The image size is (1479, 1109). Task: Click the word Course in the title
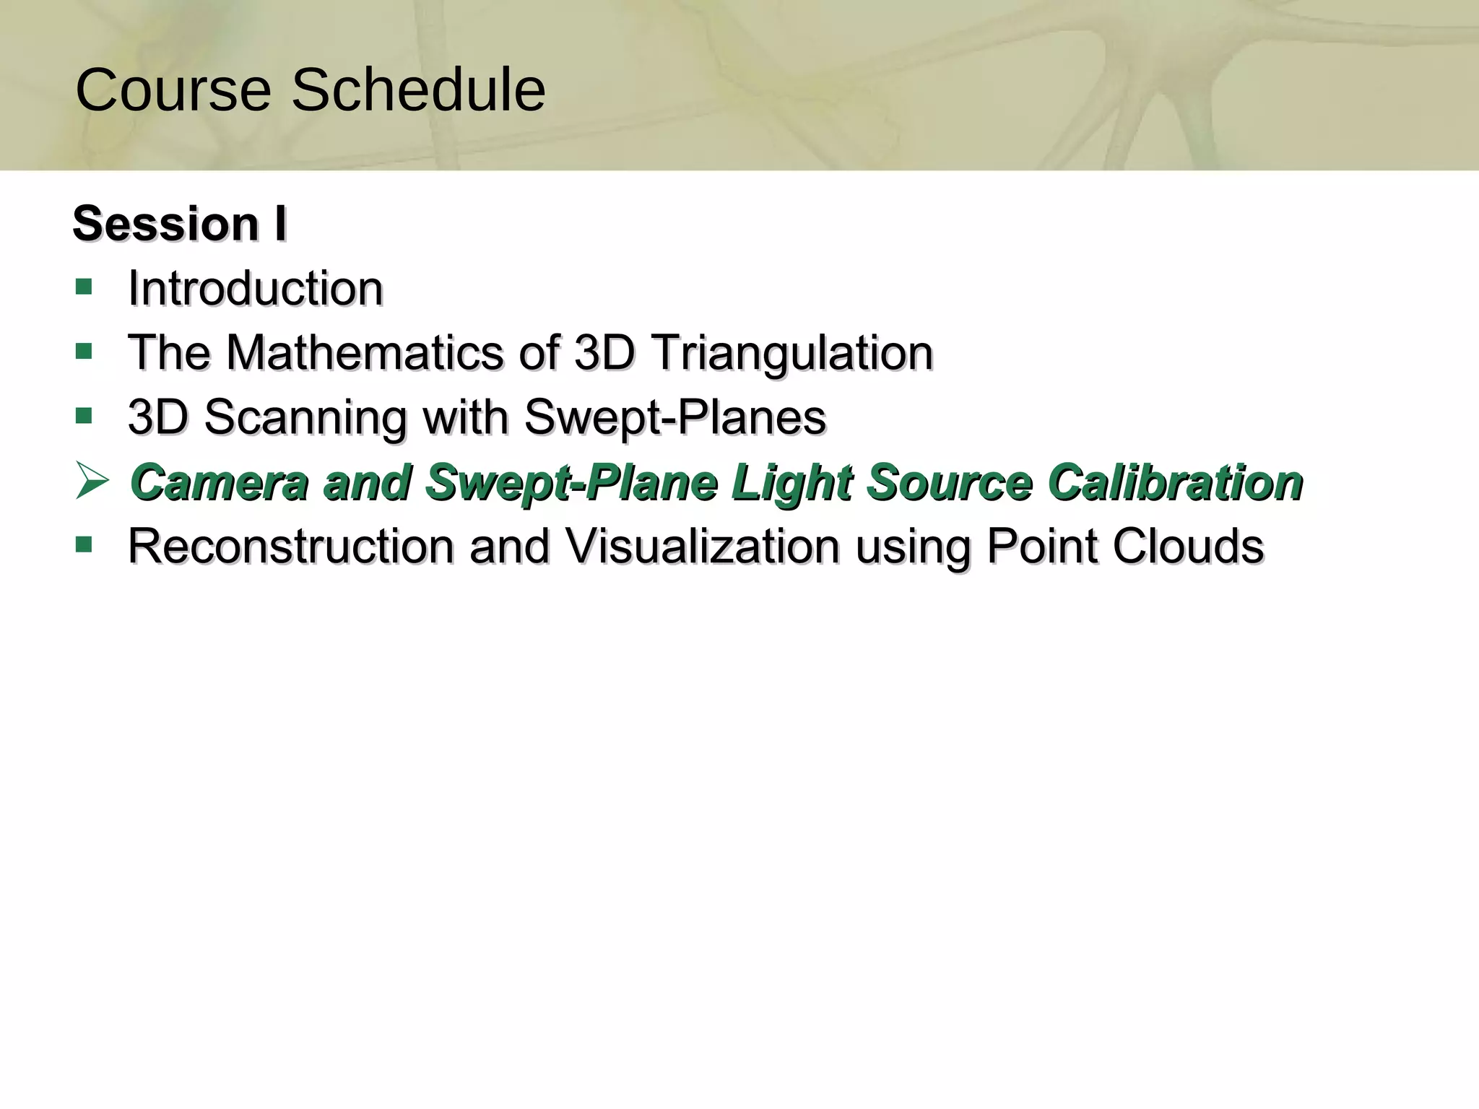pos(173,90)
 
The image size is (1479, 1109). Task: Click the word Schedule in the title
pos(418,90)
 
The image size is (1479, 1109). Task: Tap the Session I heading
pos(180,223)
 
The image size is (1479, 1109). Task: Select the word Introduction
pos(255,288)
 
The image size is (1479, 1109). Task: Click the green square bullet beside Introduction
pos(84,287)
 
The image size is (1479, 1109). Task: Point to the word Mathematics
pos(365,353)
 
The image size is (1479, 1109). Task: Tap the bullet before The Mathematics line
pos(84,352)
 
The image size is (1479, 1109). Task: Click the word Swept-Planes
pos(675,417)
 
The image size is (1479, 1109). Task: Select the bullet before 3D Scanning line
pos(84,416)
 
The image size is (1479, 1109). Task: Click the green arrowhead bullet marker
pos(92,482)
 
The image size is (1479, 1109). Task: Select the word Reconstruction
pos(291,547)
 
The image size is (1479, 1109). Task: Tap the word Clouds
pos(1188,547)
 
